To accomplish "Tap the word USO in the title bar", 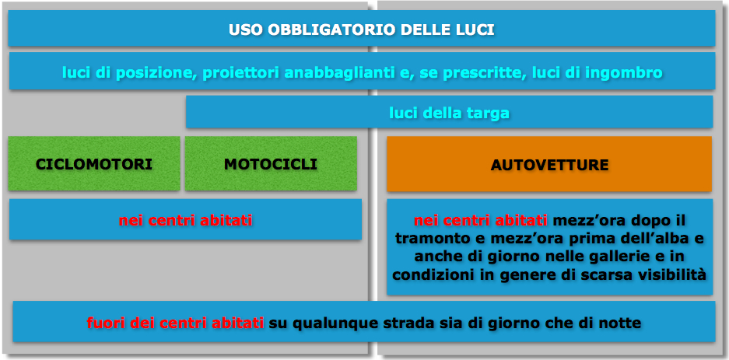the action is (246, 30).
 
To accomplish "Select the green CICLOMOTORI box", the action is (94, 163).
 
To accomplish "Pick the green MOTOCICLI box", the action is (271, 163).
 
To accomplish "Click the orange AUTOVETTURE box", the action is (549, 164).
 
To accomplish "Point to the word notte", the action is (621, 323).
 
